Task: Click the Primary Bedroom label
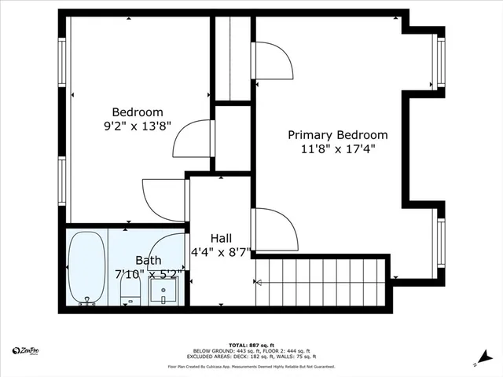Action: click(337, 135)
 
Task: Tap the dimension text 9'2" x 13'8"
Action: click(138, 126)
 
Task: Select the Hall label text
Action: click(221, 238)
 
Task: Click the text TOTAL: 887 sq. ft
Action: click(251, 345)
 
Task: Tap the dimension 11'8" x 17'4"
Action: click(337, 148)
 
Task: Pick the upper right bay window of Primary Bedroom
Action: click(440, 63)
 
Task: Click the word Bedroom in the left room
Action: click(138, 112)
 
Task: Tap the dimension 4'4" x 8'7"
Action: click(221, 252)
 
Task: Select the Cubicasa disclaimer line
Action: click(251, 366)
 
